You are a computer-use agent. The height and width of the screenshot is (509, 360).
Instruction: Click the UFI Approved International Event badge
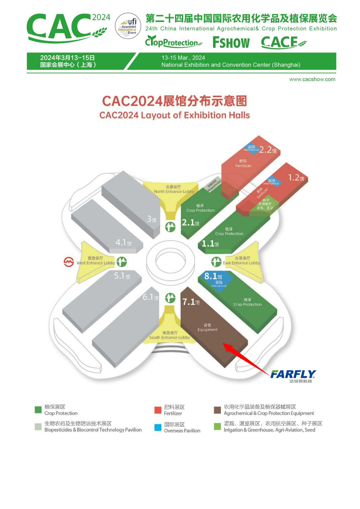tap(128, 26)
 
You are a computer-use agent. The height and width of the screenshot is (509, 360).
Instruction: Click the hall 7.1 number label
tap(190, 302)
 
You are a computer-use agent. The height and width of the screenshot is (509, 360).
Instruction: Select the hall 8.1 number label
tap(213, 276)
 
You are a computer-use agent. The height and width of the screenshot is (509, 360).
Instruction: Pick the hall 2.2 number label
tap(268, 150)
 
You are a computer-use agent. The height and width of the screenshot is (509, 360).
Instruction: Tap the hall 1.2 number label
tap(296, 178)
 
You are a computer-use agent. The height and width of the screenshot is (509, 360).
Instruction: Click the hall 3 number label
tap(152, 219)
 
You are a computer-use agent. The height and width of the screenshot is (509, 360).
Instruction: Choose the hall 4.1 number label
tap(123, 242)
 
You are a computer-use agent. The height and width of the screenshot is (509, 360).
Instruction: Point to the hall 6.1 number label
tap(150, 297)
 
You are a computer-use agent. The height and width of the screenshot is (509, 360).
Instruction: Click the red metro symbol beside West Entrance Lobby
tap(69, 262)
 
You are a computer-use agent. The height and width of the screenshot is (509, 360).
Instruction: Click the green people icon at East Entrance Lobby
tap(216, 262)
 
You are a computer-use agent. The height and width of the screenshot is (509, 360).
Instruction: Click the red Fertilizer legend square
tap(158, 410)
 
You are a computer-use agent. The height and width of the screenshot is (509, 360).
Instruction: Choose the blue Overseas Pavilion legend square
tap(158, 427)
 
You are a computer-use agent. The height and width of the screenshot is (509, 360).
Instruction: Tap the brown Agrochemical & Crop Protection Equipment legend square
tap(217, 410)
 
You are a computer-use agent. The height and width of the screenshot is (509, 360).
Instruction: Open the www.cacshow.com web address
tap(312, 79)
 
